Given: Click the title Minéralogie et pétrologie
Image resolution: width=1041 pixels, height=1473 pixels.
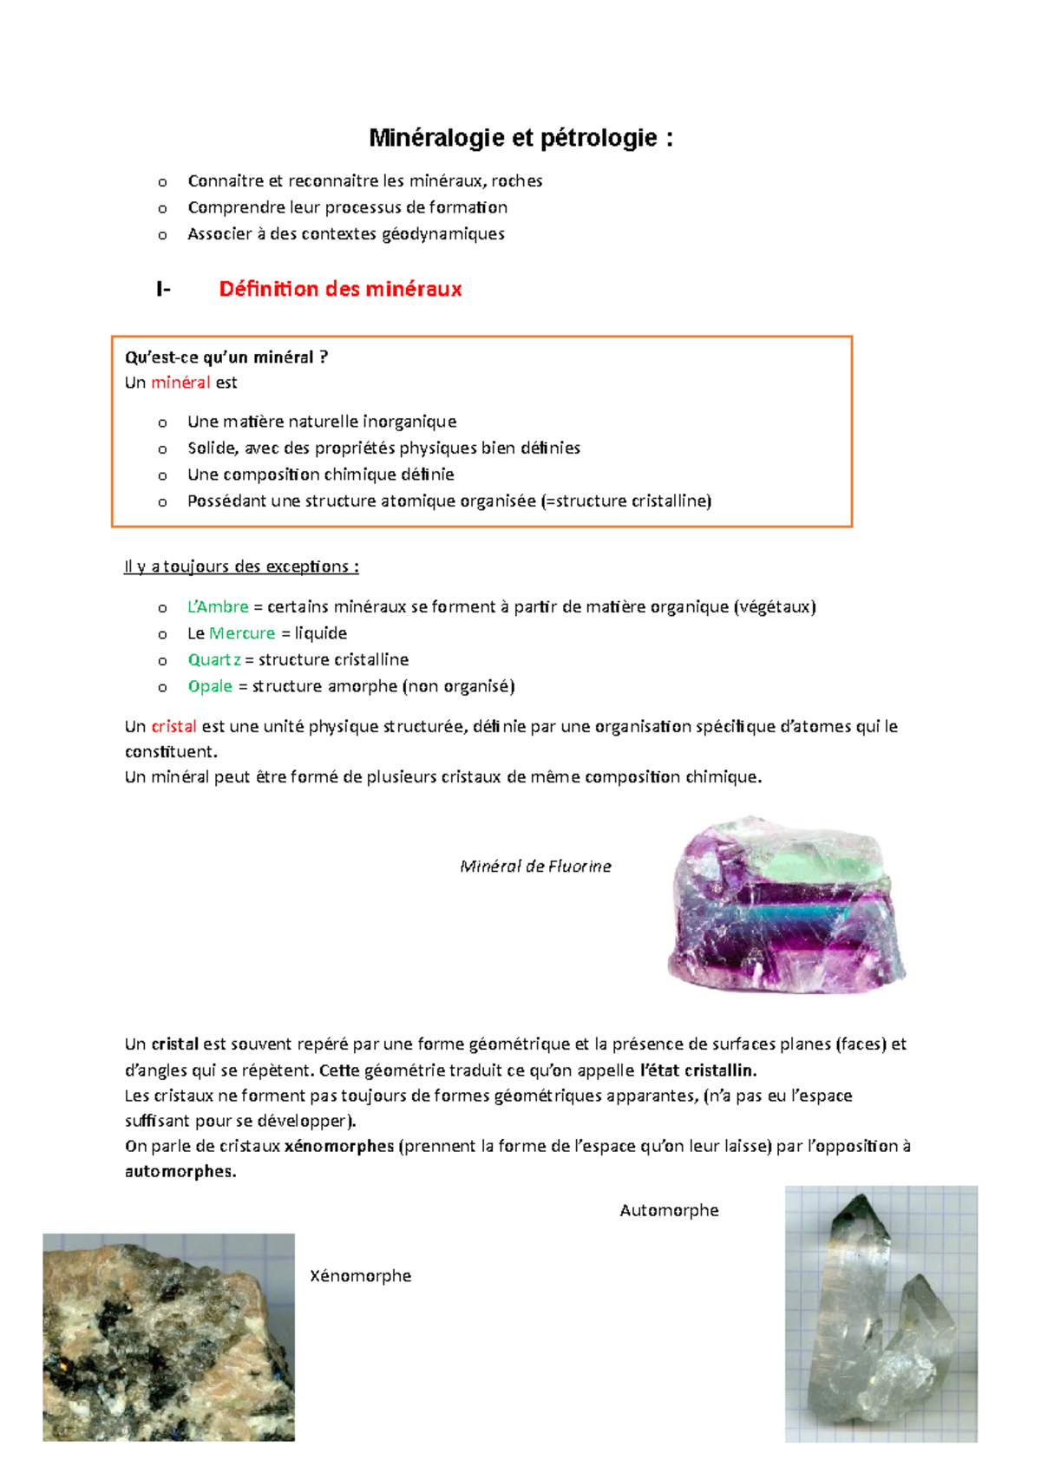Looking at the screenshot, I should pyautogui.click(x=520, y=138).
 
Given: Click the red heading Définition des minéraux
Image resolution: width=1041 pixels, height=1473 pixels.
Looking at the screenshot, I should pyautogui.click(x=340, y=289).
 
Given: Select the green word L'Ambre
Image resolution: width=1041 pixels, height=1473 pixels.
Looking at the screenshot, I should pyautogui.click(x=218, y=607).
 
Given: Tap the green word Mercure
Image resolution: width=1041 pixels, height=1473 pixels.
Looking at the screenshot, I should pyautogui.click(x=242, y=633).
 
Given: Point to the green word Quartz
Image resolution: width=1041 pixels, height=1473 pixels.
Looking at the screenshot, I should pyautogui.click(x=214, y=660).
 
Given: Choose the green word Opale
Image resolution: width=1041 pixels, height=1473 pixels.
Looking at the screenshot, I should pyautogui.click(x=210, y=686).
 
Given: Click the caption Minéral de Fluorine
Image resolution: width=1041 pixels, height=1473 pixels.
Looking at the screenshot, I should pyautogui.click(x=535, y=867).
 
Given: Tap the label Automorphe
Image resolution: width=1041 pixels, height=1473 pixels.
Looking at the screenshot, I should pyautogui.click(x=669, y=1210).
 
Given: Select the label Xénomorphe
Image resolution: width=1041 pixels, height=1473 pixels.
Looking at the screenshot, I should pyautogui.click(x=360, y=1276).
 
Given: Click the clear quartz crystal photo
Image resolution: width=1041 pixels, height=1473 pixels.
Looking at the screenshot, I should pyautogui.click(x=881, y=1314).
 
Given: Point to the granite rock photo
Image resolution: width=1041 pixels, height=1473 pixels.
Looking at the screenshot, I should pyautogui.click(x=168, y=1337).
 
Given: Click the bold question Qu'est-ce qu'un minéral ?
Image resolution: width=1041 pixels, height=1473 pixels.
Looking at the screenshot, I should pyautogui.click(x=226, y=357).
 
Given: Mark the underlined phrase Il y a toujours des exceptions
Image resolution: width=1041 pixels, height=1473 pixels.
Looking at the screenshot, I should pyautogui.click(x=241, y=566).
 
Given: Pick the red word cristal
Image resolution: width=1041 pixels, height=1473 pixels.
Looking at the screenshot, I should pyautogui.click(x=173, y=727).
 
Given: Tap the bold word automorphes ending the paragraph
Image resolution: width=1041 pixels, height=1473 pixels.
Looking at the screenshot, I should pyautogui.click(x=180, y=1171).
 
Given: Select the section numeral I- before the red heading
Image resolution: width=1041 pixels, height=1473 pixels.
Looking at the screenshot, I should pyautogui.click(x=163, y=289).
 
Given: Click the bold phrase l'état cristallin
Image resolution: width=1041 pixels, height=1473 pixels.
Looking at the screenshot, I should pyautogui.click(x=698, y=1070).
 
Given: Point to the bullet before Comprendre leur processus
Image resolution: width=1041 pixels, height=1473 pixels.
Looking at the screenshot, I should pyautogui.click(x=162, y=208).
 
